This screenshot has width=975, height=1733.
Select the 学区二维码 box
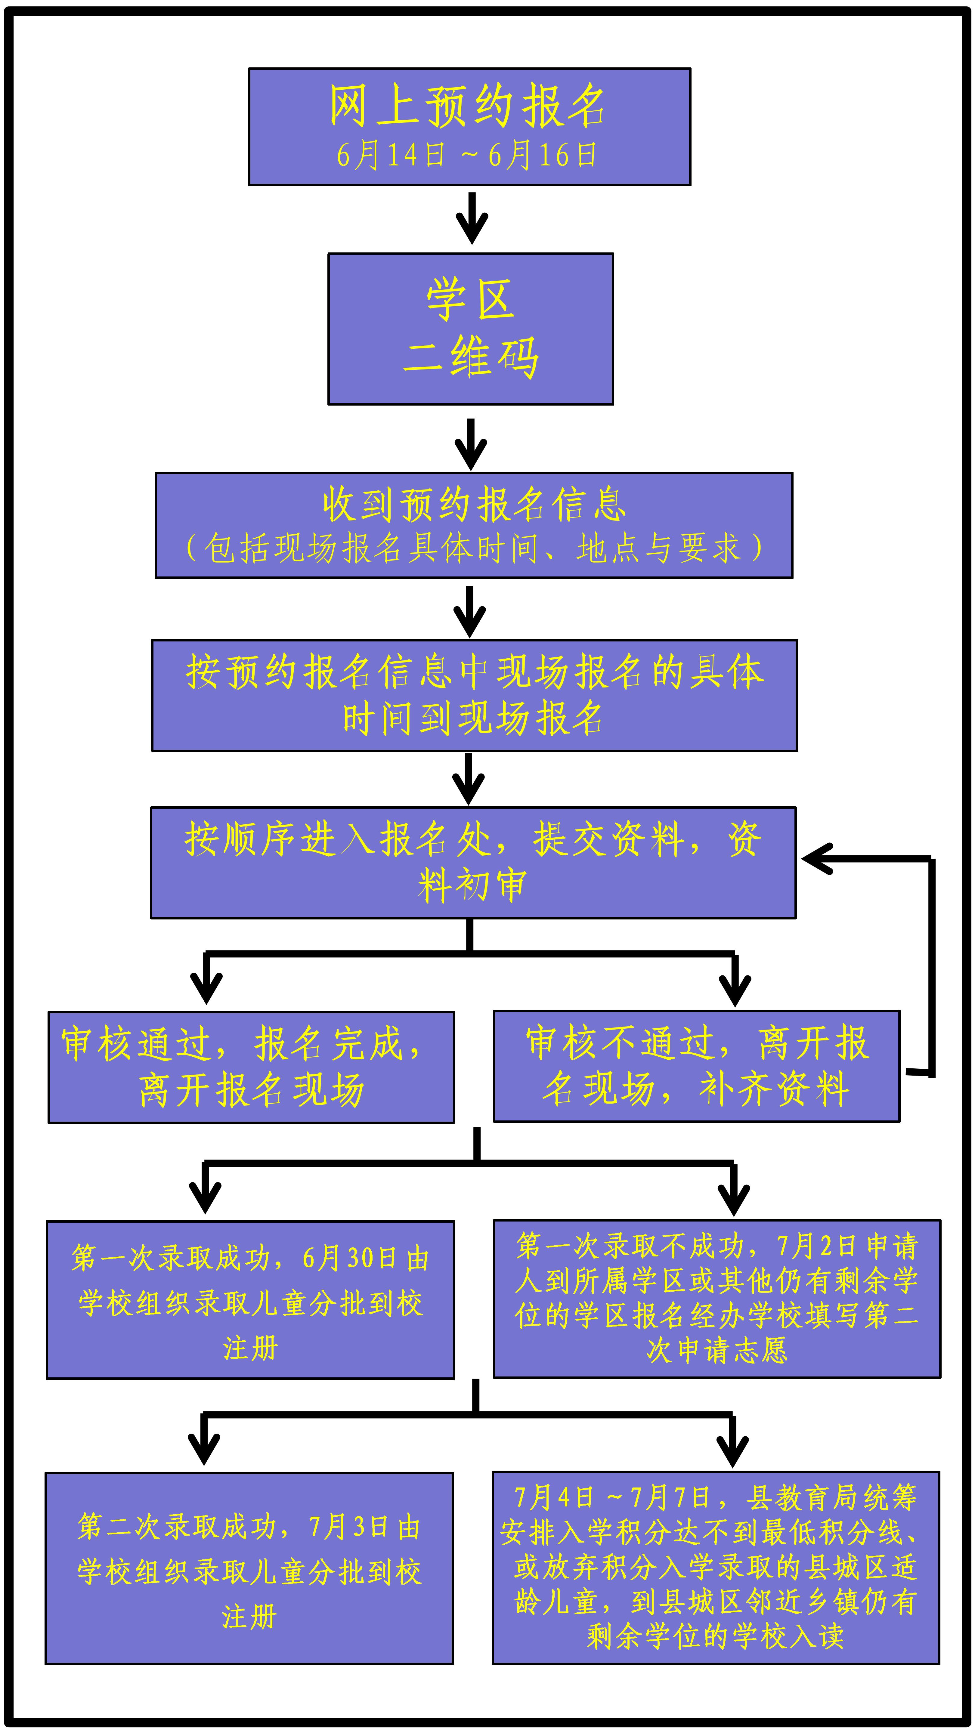(x=470, y=329)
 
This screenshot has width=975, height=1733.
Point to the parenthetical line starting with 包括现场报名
(x=474, y=548)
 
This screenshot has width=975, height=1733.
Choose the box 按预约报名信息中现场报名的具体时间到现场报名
(x=474, y=695)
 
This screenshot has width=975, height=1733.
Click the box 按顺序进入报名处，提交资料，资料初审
(x=473, y=863)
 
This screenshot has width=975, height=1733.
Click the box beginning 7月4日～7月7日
(x=716, y=1568)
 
